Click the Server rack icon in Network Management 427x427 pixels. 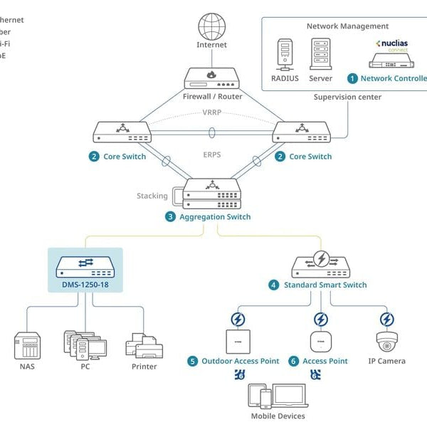click(321, 54)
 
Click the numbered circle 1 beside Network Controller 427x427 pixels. click(352, 78)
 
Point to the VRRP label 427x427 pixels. click(211, 112)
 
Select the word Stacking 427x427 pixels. click(152, 196)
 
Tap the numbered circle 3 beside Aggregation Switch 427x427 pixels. click(170, 217)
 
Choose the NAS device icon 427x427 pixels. click(26, 346)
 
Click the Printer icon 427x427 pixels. click(145, 345)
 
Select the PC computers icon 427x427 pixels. click(85, 344)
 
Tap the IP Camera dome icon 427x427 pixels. click(386, 342)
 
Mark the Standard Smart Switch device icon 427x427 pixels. click(321, 265)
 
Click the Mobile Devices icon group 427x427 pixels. click(278, 397)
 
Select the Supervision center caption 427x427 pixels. click(347, 97)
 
